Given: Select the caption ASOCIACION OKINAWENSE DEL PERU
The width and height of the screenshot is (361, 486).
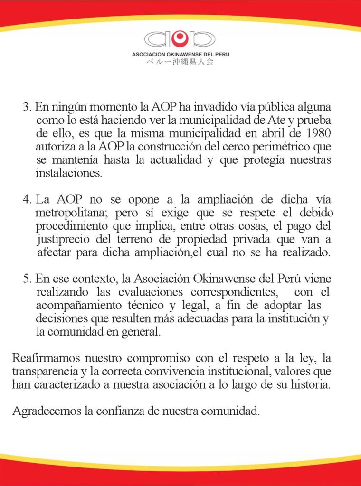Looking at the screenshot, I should click(x=180, y=55).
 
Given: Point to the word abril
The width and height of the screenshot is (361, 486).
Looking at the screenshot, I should click(x=267, y=131).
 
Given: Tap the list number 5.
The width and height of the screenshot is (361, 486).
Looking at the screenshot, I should click(x=27, y=278).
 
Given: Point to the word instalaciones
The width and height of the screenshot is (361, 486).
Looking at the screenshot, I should click(x=68, y=173).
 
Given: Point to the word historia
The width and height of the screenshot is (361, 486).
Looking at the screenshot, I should click(x=309, y=384).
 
